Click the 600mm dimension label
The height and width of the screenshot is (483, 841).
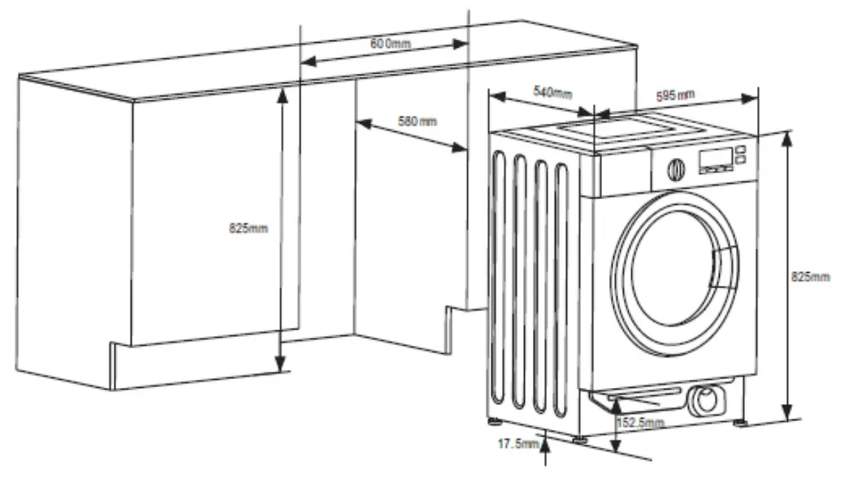390,43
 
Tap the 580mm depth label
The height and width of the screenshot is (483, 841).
417,121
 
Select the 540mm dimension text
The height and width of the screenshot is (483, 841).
552,92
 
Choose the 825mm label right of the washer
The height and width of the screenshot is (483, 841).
811,276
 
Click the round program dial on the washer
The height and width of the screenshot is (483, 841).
676,170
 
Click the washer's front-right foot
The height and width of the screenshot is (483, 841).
740,422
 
